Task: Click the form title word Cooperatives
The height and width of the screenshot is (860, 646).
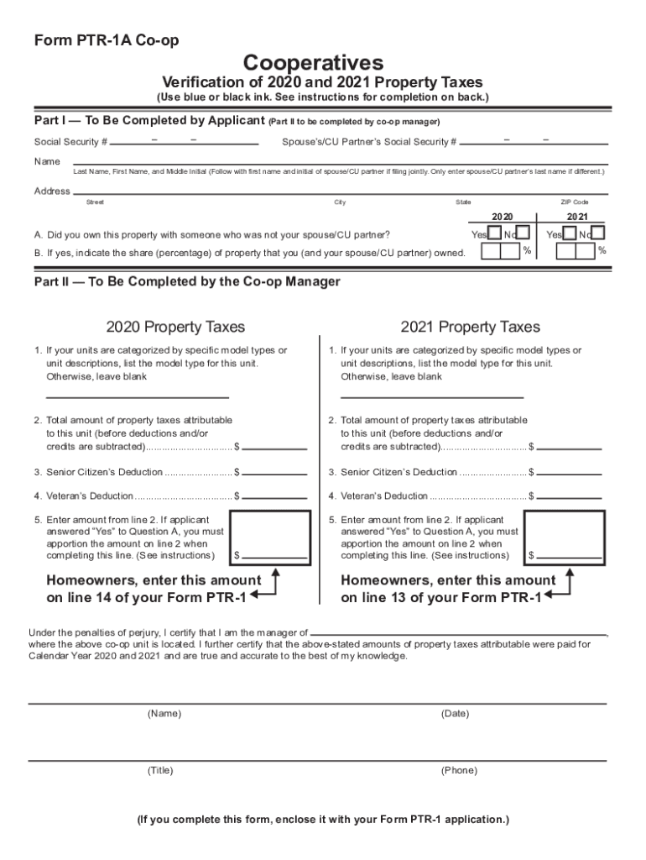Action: pyautogui.click(x=313, y=62)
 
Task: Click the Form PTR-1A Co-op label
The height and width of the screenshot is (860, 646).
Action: pyautogui.click(x=107, y=40)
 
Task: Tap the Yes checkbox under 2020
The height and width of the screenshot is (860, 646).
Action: pyautogui.click(x=496, y=233)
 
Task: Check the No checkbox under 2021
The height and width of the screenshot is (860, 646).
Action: pyautogui.click(x=597, y=233)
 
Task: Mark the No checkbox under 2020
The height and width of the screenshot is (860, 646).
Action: pyautogui.click(x=522, y=233)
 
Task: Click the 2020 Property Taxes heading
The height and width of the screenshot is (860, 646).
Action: pyautogui.click(x=175, y=327)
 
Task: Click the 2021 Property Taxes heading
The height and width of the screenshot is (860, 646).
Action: pyautogui.click(x=470, y=327)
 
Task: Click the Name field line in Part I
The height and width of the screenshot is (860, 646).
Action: pyautogui.click(x=336, y=161)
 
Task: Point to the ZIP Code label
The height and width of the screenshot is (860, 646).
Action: pyautogui.click(x=575, y=202)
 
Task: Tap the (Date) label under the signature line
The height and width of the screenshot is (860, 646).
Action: pyautogui.click(x=455, y=714)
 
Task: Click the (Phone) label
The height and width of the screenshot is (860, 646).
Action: pyautogui.click(x=458, y=770)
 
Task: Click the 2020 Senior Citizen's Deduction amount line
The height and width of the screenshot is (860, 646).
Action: pyautogui.click(x=275, y=473)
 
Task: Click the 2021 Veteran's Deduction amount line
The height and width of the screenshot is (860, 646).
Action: pyautogui.click(x=569, y=496)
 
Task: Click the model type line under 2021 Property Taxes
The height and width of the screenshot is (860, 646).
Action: pyautogui.click(x=431, y=395)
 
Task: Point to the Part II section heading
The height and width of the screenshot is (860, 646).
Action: pyautogui.click(x=187, y=282)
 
